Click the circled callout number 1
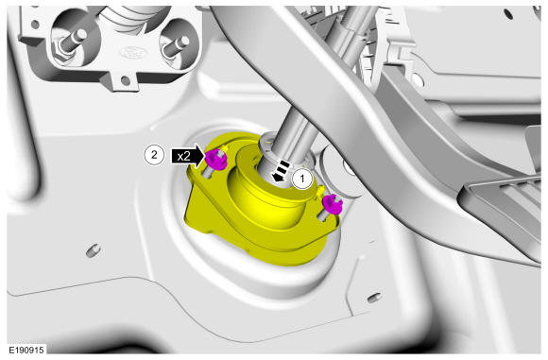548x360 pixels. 302,179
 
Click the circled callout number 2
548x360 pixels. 154,154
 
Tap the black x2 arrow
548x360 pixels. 188,156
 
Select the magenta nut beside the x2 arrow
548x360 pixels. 214,160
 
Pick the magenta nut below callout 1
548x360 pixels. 332,204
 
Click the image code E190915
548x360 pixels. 26,350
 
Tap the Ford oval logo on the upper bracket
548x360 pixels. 132,53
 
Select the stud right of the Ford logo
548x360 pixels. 175,46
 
